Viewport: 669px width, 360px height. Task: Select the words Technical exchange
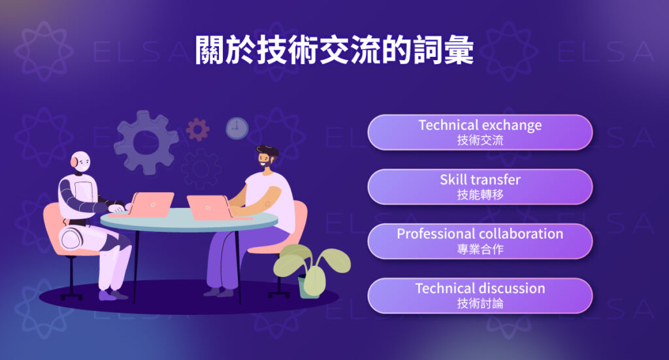coord(480,125)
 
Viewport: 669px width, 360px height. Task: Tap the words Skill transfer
coord(480,179)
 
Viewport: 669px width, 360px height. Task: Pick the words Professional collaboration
coord(480,233)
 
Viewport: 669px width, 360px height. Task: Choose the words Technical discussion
coord(480,287)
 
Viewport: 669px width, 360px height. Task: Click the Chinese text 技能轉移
coord(480,194)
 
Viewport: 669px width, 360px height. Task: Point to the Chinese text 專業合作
coord(480,248)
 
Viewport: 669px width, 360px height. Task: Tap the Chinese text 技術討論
coord(480,303)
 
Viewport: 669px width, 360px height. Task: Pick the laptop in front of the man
coord(208,207)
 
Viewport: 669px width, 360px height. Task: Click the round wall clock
coord(237,128)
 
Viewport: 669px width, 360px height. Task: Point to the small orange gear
coord(197,129)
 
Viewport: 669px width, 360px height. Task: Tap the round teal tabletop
coord(189,223)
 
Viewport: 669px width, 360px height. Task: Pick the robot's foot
coord(108,295)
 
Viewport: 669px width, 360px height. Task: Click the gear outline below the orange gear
coord(201,169)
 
